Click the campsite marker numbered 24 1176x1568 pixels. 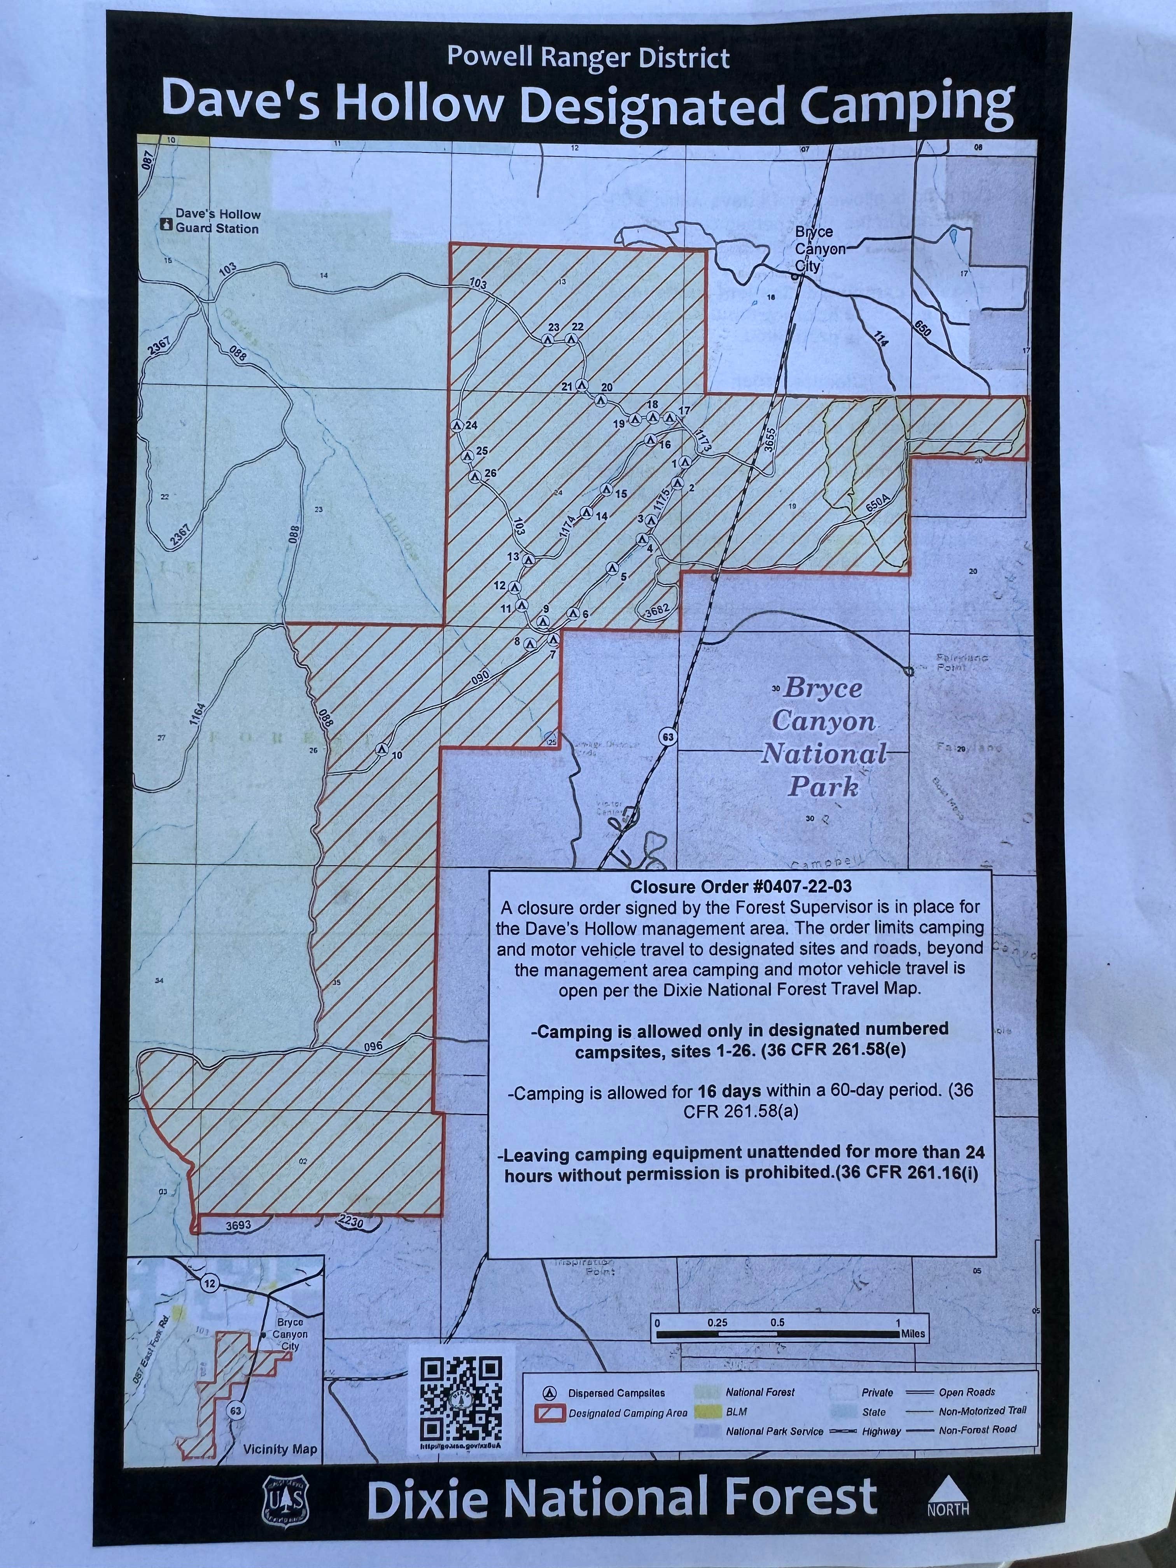457,425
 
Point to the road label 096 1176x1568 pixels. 373,1046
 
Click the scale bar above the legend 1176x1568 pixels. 778,1333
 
